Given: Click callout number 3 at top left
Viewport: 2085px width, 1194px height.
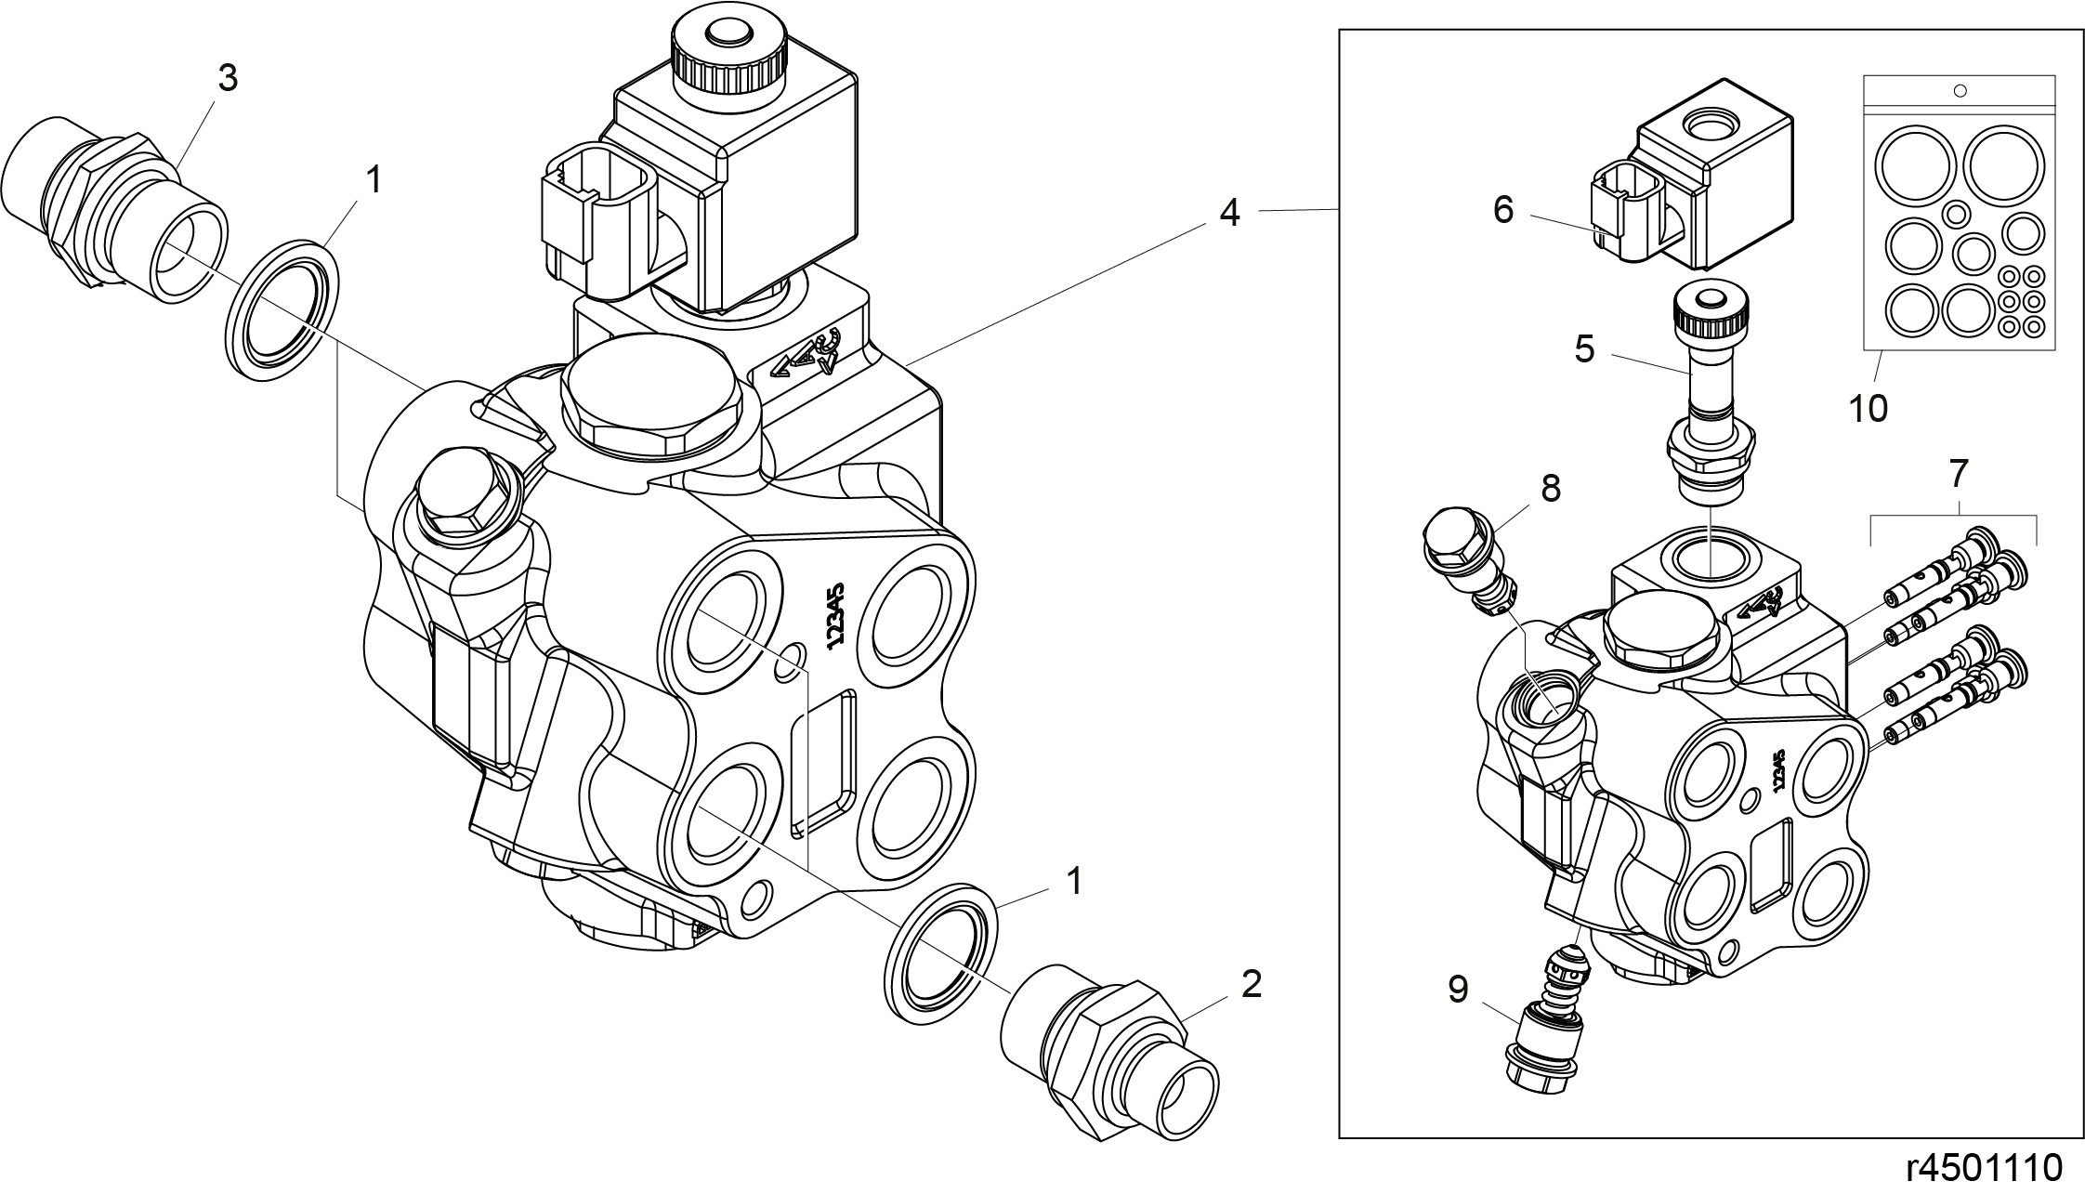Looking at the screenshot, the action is (x=228, y=79).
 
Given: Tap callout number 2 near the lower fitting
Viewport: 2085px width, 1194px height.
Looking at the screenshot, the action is (x=1252, y=985).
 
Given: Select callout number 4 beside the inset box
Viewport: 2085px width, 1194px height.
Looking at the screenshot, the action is (x=1229, y=213).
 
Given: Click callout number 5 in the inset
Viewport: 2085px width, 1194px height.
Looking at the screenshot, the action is (x=1584, y=349).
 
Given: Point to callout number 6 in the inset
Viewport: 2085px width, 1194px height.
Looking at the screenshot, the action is (x=1503, y=210).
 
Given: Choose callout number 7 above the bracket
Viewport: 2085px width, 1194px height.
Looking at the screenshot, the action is (x=1958, y=474).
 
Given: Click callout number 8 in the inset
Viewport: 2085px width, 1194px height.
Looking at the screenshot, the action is (x=1551, y=488).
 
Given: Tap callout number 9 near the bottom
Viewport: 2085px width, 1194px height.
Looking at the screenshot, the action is (x=1458, y=990).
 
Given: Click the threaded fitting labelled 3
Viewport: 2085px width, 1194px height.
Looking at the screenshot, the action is (x=114, y=212).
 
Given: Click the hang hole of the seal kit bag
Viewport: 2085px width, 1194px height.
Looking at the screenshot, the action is (x=1960, y=90).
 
